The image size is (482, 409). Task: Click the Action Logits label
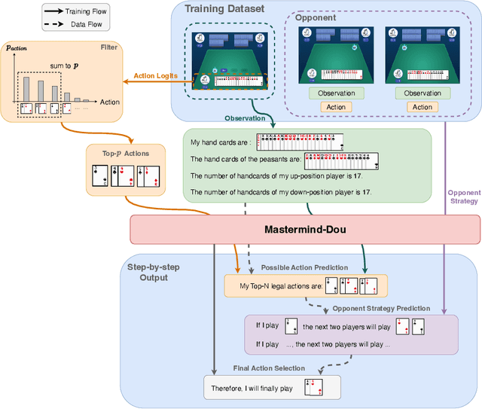pyautogui.click(x=154, y=75)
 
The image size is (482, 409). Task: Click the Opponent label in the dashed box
pyautogui.click(x=315, y=16)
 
